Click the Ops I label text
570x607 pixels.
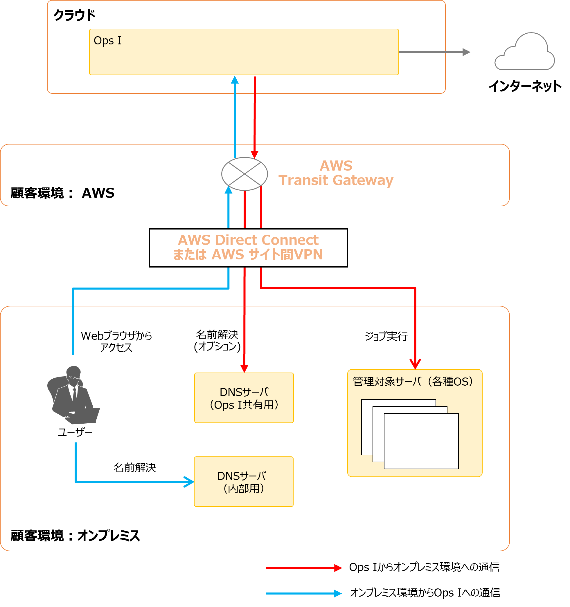tap(107, 41)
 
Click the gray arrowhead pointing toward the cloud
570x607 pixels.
tap(466, 52)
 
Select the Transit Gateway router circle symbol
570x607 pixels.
tap(244, 174)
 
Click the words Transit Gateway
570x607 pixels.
tap(336, 180)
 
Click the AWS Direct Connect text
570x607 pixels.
tap(248, 240)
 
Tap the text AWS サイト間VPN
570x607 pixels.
tap(267, 255)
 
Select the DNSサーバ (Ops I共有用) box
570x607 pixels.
tap(244, 398)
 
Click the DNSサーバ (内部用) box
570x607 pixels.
tap(244, 482)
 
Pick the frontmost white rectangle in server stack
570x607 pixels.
tap(421, 441)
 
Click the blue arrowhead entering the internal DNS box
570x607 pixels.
tap(190, 482)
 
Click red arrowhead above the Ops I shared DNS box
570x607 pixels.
tap(244, 368)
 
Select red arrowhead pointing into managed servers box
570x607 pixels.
tap(415, 364)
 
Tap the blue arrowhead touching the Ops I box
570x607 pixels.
tap(234, 80)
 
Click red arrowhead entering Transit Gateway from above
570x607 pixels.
tap(255, 154)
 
